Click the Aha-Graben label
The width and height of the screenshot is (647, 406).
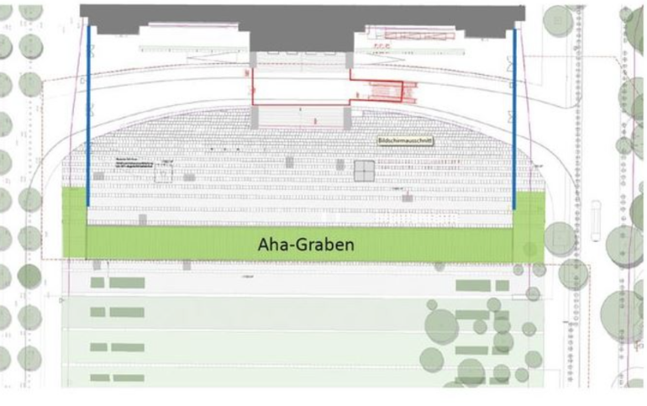click(299, 245)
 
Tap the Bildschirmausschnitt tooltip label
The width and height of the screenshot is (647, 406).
click(403, 142)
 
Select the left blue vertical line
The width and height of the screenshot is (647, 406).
click(88, 118)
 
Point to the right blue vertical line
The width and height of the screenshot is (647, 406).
click(514, 118)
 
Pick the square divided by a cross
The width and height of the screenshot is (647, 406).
click(365, 171)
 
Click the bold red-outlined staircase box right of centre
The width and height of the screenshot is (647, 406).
click(387, 90)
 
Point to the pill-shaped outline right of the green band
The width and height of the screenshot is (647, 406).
click(596, 220)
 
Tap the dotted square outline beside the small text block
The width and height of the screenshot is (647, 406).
click(164, 172)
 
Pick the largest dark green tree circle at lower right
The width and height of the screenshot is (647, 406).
click(442, 323)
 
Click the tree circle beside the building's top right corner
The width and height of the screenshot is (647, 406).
click(556, 15)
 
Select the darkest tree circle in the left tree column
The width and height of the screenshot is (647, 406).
click(29, 276)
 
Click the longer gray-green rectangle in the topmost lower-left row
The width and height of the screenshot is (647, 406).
click(127, 282)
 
